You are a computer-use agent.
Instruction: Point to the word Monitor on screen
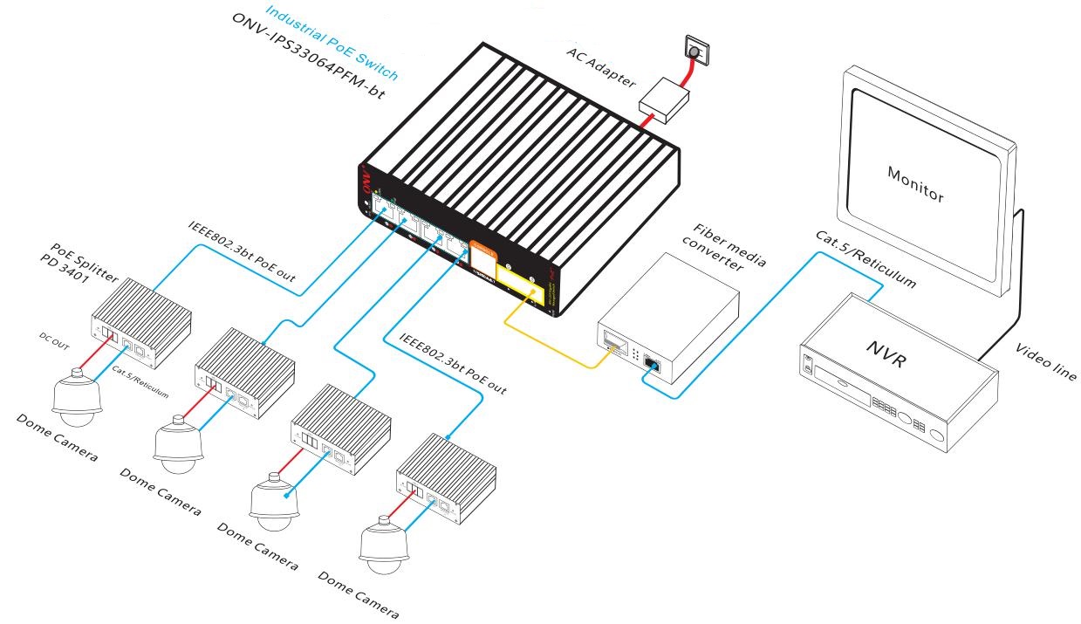click(x=915, y=184)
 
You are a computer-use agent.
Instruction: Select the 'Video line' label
click(x=1046, y=361)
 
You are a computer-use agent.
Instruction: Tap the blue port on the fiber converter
click(x=651, y=364)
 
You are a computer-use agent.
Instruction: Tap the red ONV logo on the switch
click(x=367, y=181)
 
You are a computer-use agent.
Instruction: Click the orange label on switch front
click(x=482, y=252)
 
